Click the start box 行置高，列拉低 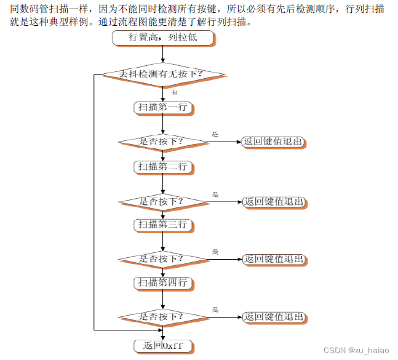(x=163, y=38)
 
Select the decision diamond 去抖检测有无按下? (x=162, y=74)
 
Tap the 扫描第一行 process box (x=163, y=107)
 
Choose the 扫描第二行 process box (x=163, y=167)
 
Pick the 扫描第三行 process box (x=163, y=225)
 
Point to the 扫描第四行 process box (x=163, y=283)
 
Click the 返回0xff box (x=163, y=345)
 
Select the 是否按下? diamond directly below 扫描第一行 (x=162, y=142)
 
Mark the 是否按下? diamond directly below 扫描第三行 (x=162, y=258)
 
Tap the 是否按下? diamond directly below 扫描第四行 (x=162, y=317)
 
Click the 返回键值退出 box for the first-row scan (x=273, y=142)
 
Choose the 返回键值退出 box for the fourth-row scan (x=273, y=317)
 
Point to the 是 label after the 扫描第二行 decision (x=215, y=194)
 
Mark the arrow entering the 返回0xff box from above (x=162, y=334)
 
